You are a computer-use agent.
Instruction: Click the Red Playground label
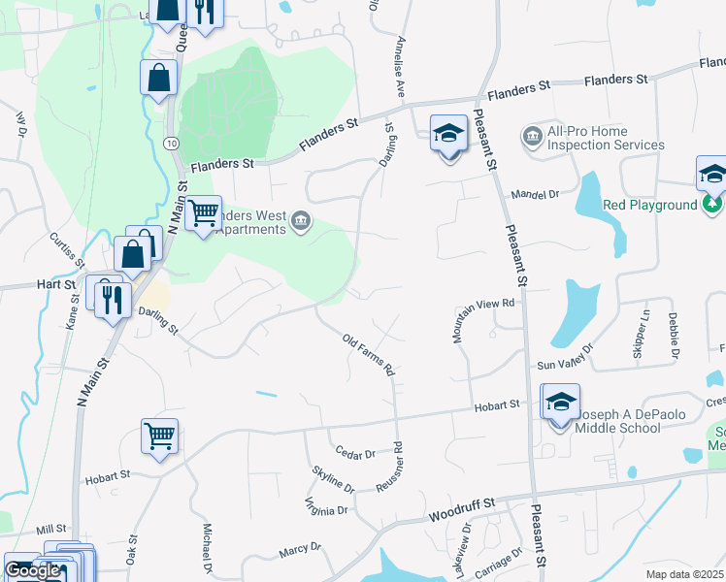(649, 205)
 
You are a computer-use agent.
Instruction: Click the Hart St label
(56, 284)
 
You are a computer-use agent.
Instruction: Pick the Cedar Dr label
(355, 453)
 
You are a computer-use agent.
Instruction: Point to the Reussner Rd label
(397, 468)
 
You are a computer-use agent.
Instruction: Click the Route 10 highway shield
(171, 143)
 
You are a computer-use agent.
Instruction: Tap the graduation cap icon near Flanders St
(448, 135)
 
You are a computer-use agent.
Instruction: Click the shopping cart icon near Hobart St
(159, 435)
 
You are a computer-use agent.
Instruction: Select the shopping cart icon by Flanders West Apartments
(203, 212)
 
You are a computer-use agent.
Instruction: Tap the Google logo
(33, 570)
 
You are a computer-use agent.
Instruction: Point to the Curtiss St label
(66, 250)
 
